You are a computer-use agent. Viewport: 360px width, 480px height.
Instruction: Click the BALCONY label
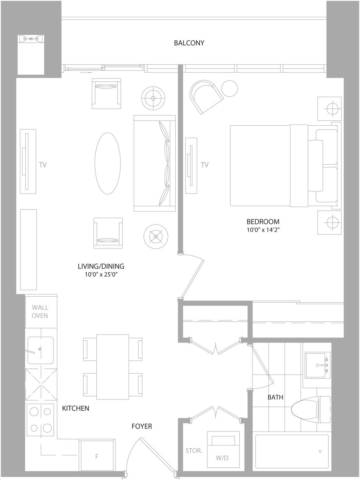(189, 43)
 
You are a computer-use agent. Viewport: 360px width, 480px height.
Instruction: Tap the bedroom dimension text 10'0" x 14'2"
(263, 230)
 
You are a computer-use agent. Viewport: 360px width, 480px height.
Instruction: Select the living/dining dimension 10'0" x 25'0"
(101, 274)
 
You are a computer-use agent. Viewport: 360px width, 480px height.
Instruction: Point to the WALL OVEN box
(41, 311)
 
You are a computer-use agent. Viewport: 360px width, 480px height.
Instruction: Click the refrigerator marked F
(97, 455)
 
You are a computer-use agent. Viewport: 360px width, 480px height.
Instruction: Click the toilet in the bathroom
(311, 407)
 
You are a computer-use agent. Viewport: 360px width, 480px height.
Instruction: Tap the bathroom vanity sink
(317, 365)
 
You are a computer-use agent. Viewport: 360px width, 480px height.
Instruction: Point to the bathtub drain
(320, 451)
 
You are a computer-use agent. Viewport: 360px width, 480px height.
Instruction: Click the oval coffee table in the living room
(108, 163)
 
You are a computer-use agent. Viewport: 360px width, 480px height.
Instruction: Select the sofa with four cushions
(155, 163)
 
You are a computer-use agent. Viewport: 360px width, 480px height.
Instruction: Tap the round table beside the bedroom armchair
(229, 88)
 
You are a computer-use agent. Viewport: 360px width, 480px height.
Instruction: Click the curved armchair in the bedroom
(205, 95)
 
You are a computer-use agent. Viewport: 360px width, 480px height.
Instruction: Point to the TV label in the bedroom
(205, 165)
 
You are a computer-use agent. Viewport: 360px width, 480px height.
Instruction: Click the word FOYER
(142, 426)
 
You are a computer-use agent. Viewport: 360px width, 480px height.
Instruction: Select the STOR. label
(194, 451)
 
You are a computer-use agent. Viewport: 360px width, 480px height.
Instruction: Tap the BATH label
(276, 397)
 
